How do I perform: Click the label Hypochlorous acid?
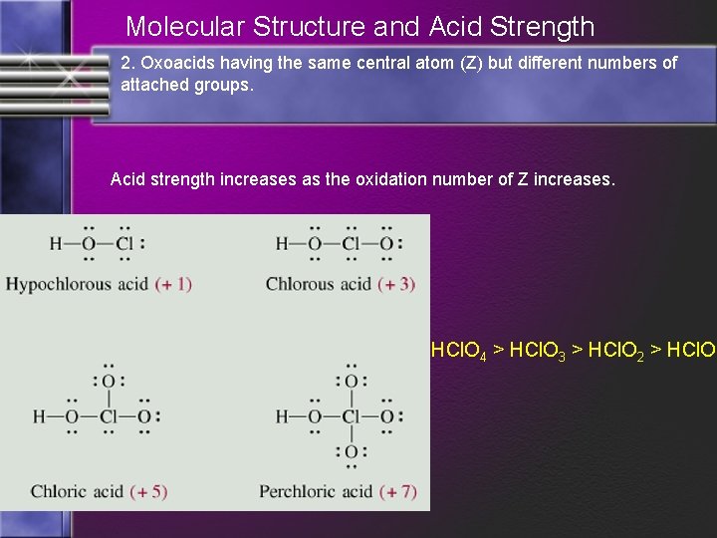(x=77, y=284)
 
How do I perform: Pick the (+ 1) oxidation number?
(x=173, y=284)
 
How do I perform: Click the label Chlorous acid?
(x=319, y=284)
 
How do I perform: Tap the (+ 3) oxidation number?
(x=397, y=284)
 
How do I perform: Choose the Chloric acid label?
(x=76, y=491)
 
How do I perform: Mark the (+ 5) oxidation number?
(x=147, y=491)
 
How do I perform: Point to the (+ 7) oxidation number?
(x=396, y=491)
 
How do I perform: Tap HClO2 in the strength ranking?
(x=617, y=351)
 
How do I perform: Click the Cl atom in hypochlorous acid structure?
(x=124, y=243)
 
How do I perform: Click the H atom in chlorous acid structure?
(x=282, y=243)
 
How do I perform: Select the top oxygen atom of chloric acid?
(x=108, y=381)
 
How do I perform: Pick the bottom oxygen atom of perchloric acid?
(x=351, y=452)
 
